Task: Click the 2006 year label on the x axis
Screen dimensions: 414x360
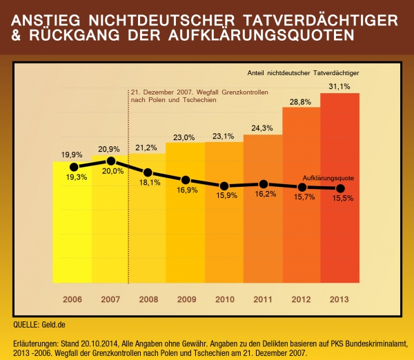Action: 72,299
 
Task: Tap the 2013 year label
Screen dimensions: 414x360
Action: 339,299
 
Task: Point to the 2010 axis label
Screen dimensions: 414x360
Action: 225,299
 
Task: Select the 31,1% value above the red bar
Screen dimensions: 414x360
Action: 339,86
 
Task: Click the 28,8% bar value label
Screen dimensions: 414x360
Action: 300,102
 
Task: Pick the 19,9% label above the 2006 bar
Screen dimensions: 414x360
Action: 72,154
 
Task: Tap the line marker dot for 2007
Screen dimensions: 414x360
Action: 111,161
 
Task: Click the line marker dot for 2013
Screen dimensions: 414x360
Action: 341,188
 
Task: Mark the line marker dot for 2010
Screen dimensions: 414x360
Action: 224,186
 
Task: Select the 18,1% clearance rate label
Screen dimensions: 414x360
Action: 150,182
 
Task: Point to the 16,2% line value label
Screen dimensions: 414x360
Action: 266,194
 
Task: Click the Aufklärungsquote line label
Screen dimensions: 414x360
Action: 328,178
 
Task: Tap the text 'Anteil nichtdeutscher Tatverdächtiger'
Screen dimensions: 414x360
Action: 303,73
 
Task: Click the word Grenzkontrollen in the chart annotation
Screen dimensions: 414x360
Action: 245,92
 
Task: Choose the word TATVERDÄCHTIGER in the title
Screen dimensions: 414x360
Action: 320,20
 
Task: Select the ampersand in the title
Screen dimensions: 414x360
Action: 16,35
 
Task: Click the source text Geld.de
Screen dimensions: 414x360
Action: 53,324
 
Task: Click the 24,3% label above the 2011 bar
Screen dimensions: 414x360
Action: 262,128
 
